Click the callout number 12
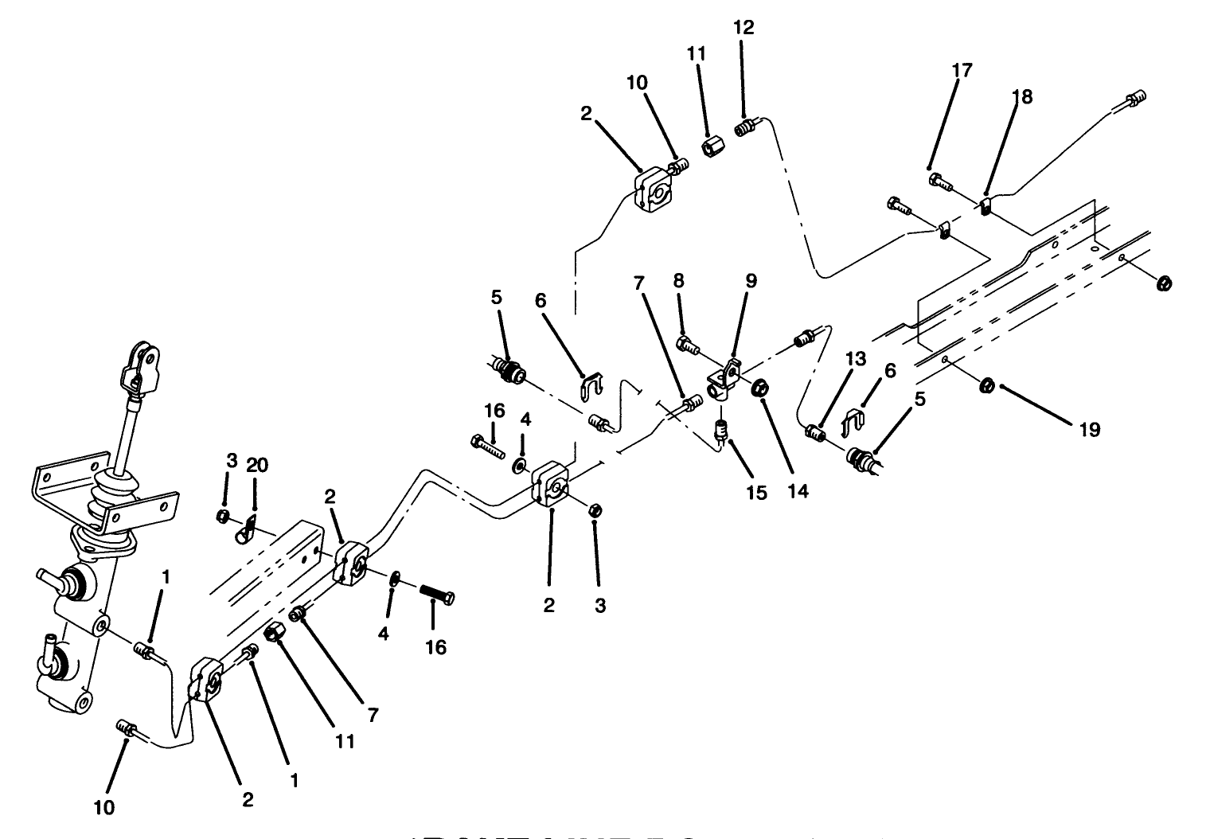(744, 27)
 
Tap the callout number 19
(1089, 430)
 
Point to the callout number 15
(756, 493)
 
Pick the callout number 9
(751, 281)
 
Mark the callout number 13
(855, 361)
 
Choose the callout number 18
(1021, 97)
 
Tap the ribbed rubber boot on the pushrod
(111, 498)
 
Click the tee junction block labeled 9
(723, 381)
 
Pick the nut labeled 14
(759, 388)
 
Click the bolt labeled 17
(939, 182)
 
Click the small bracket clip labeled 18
(985, 208)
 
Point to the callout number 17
(962, 70)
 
